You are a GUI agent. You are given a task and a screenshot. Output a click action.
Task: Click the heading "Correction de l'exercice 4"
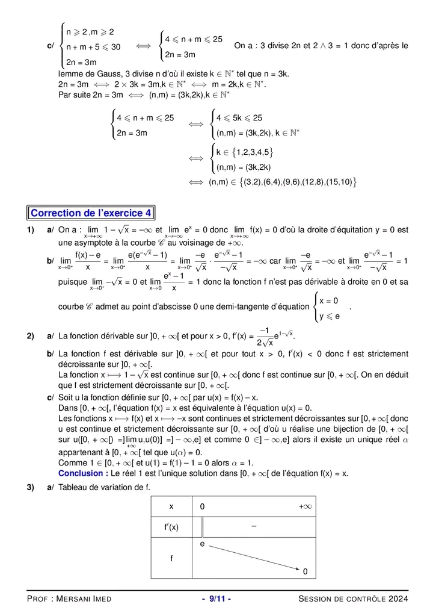click(x=91, y=213)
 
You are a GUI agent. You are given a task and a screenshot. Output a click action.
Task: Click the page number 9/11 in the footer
click(x=216, y=599)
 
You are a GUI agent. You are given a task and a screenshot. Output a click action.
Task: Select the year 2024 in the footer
click(x=398, y=599)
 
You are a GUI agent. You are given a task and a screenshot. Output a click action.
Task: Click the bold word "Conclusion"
click(x=81, y=473)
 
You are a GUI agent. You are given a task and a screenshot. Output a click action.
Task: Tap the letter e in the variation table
click(x=203, y=544)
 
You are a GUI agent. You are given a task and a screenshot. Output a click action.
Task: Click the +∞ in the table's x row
click(x=305, y=507)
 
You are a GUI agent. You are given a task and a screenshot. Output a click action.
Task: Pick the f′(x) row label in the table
click(x=171, y=527)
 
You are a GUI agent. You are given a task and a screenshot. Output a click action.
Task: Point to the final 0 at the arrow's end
click(x=306, y=571)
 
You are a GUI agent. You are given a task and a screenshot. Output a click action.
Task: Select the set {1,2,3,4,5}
click(x=245, y=152)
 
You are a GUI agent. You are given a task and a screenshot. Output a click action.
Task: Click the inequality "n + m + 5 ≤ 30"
click(x=93, y=46)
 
